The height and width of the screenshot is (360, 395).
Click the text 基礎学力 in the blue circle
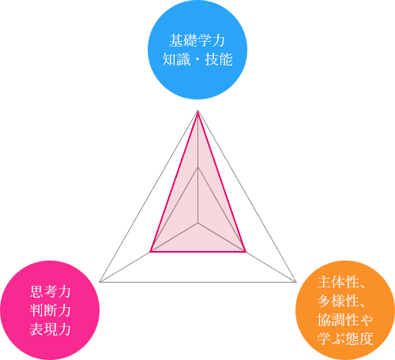pyautogui.click(x=197, y=40)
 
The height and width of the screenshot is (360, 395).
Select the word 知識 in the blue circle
pyautogui.click(x=176, y=59)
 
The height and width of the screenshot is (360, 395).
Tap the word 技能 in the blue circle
pyautogui.click(x=219, y=59)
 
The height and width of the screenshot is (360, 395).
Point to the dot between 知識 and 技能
pyautogui.click(x=197, y=59)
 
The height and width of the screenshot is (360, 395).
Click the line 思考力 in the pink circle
pyautogui.click(x=50, y=291)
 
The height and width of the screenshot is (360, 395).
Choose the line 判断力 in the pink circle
pyautogui.click(x=50, y=310)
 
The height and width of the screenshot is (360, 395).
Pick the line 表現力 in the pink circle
pyautogui.click(x=50, y=329)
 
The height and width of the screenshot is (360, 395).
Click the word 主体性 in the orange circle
pyautogui.click(x=338, y=282)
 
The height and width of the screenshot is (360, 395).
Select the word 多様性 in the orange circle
pyautogui.click(x=338, y=301)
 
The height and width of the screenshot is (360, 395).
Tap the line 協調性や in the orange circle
pyautogui.click(x=345, y=320)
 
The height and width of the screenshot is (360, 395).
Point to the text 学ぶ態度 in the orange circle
pyautogui.click(x=345, y=339)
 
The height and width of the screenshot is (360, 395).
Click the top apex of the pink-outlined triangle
pyautogui.click(x=197, y=112)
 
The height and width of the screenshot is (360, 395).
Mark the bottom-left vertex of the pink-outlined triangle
pyautogui.click(x=150, y=252)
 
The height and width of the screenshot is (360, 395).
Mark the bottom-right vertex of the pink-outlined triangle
pyautogui.click(x=246, y=252)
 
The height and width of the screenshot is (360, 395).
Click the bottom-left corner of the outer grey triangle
pyautogui.click(x=100, y=282)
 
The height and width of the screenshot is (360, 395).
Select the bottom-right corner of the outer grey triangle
pyautogui.click(x=296, y=282)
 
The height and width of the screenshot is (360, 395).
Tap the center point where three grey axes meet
pyautogui.click(x=198, y=223)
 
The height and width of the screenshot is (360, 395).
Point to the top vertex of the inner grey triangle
pyautogui.click(x=197, y=167)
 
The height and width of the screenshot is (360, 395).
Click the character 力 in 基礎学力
pyautogui.click(x=219, y=40)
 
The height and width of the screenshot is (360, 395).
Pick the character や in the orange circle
pyautogui.click(x=367, y=320)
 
